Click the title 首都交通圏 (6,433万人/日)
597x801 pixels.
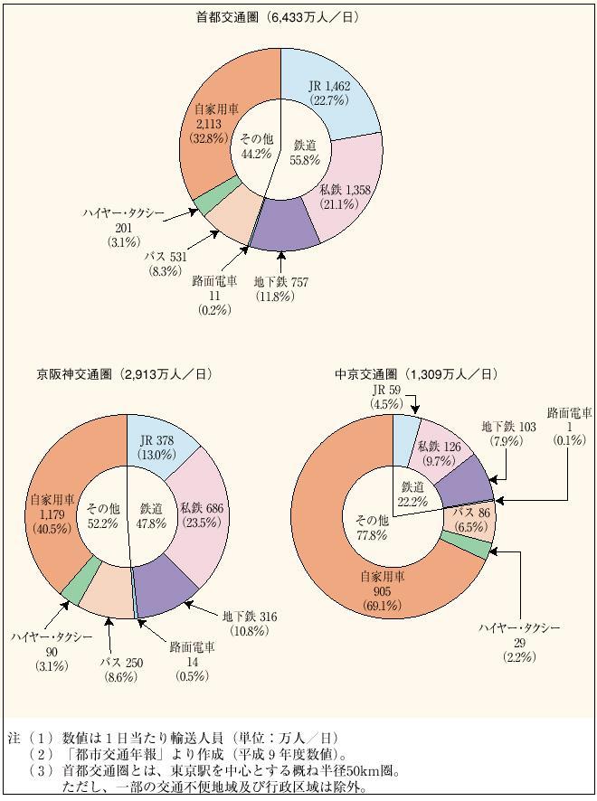pos(280,16)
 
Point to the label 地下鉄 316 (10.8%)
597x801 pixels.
pos(250,623)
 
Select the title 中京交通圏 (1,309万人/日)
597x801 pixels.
pos(414,372)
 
